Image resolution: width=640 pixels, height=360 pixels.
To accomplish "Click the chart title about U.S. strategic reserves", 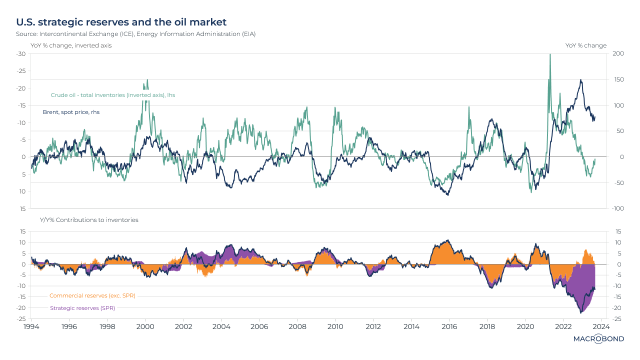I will (x=121, y=22).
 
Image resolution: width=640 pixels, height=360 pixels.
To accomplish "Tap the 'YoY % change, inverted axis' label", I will (x=71, y=45).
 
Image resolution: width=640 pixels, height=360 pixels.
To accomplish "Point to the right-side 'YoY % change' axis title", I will (x=585, y=45).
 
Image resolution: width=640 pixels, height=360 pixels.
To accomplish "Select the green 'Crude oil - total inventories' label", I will (x=113, y=95).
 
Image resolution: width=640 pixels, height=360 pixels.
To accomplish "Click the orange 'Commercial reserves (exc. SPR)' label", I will (x=92, y=295).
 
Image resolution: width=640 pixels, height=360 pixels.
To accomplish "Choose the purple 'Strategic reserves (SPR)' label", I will (x=82, y=308).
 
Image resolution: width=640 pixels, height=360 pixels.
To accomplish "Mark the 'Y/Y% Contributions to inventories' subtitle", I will (x=89, y=220).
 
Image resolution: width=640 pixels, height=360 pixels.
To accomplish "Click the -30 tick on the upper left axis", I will (x=21, y=53).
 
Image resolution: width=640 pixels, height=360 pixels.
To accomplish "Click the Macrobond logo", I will (x=598, y=339).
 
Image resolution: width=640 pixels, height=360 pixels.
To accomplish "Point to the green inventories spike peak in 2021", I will (x=550, y=55).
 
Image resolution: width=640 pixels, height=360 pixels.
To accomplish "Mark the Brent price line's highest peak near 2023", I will (x=580, y=80).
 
